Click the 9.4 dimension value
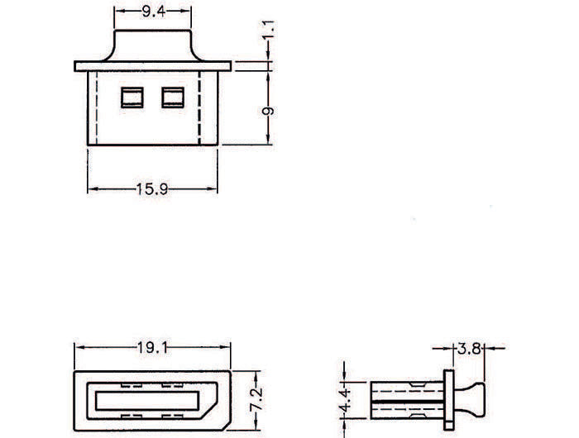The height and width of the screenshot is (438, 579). (x=154, y=12)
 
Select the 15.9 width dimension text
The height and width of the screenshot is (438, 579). (x=152, y=189)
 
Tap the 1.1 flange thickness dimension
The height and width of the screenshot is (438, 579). (x=269, y=30)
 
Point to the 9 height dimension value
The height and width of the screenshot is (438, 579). (x=269, y=111)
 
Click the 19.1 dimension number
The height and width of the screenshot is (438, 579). (x=152, y=347)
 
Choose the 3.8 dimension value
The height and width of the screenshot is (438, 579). (x=469, y=348)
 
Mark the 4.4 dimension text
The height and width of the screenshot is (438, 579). (x=345, y=401)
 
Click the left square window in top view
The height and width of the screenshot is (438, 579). (x=132, y=98)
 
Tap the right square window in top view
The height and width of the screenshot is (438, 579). (x=173, y=98)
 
